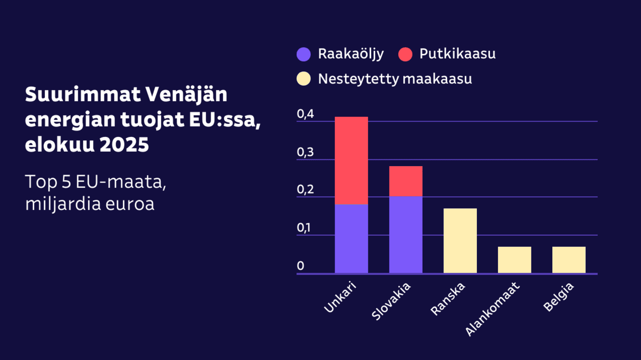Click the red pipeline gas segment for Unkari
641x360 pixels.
click(351, 160)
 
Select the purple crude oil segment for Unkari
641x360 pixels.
click(351, 238)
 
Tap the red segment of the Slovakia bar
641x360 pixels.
click(405, 181)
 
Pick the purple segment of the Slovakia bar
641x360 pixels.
click(405, 234)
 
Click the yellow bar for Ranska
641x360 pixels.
click(460, 241)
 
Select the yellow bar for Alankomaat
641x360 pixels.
click(514, 260)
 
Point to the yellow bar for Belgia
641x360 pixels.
click(569, 260)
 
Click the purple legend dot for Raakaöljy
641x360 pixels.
click(303, 54)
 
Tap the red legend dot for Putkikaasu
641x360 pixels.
click(405, 54)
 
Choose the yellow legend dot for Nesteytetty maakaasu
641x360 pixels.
click(303, 79)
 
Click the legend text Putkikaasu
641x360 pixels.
click(457, 54)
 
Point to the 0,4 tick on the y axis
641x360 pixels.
click(305, 114)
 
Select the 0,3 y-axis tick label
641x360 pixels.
click(305, 152)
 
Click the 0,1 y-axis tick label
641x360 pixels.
click(304, 228)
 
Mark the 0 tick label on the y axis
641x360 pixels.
click(300, 266)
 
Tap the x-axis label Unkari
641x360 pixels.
click(340, 297)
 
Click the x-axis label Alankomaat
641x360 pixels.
click(492, 309)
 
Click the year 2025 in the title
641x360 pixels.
click(124, 145)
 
